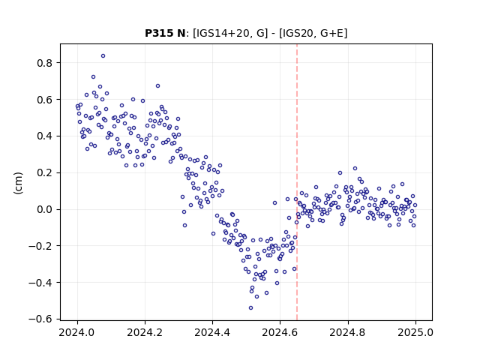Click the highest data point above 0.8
103,56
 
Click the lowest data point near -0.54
250,308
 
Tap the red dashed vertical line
297,182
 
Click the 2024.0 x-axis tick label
77,332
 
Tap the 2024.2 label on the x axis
145,332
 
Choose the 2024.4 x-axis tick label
212,332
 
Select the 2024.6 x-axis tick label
280,332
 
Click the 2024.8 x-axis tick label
347,332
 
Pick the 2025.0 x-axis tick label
415,332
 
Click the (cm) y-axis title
18,183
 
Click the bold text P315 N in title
165,33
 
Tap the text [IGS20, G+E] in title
313,33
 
